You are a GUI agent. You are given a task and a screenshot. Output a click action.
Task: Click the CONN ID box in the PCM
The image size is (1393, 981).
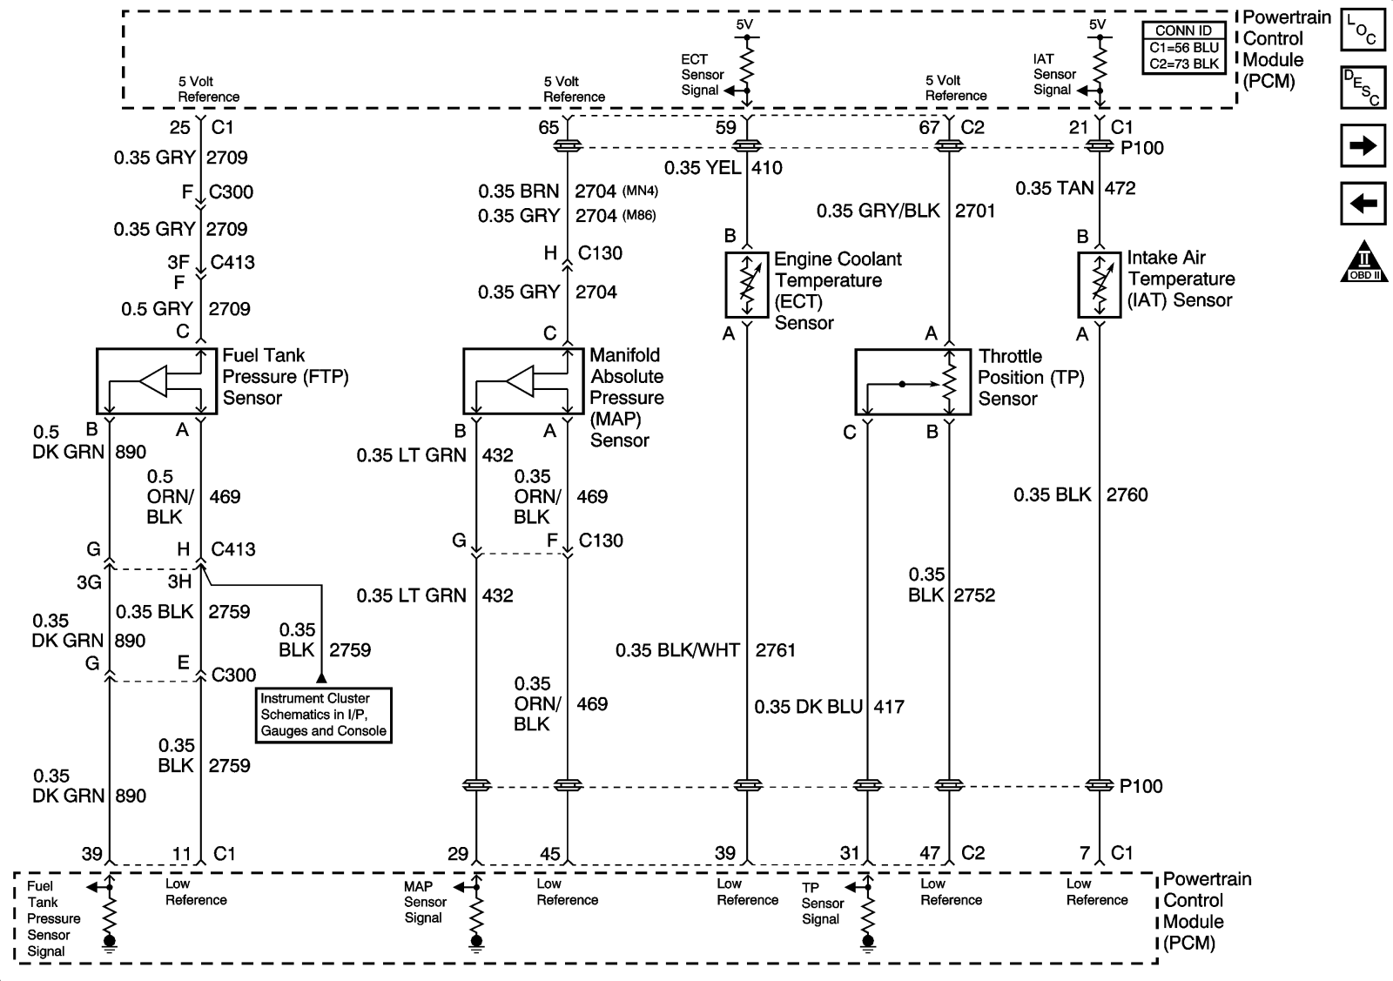coord(1182,49)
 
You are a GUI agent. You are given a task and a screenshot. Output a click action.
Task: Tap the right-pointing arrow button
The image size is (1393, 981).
coord(1363,146)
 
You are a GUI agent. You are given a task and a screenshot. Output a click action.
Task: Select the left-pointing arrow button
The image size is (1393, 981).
coord(1363,205)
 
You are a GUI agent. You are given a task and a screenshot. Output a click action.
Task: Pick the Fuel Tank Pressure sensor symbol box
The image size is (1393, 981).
coord(156,381)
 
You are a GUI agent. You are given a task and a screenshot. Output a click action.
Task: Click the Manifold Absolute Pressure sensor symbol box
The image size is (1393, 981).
coord(523,381)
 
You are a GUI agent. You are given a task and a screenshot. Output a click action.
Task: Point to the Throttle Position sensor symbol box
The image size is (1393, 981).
coord(912,382)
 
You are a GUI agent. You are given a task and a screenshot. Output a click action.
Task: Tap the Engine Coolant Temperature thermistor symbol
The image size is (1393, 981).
coord(747,285)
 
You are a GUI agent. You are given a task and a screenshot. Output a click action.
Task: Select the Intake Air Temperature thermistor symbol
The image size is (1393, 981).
coord(1100,285)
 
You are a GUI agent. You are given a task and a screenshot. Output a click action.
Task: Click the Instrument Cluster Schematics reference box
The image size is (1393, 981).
coord(323,715)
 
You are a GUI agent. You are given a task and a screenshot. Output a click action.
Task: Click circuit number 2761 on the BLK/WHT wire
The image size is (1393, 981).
coord(775,650)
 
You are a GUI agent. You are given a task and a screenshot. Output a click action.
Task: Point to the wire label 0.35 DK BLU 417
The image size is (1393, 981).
coord(829,707)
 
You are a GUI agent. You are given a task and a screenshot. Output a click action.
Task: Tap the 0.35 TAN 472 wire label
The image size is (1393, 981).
coord(1075,188)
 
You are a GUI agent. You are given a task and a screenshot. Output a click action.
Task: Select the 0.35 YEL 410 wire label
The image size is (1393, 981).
coord(723,168)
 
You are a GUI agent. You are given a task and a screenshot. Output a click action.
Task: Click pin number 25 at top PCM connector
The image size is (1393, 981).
coord(179,128)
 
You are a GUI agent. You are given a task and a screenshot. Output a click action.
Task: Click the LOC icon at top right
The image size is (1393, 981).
coord(1363,30)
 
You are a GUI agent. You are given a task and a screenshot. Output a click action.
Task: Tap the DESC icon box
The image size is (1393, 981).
coord(1363,88)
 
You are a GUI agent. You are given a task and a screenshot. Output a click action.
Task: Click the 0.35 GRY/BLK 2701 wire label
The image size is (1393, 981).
coord(905,211)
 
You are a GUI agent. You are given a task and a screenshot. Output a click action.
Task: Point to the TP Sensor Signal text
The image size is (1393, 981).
coord(823,903)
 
